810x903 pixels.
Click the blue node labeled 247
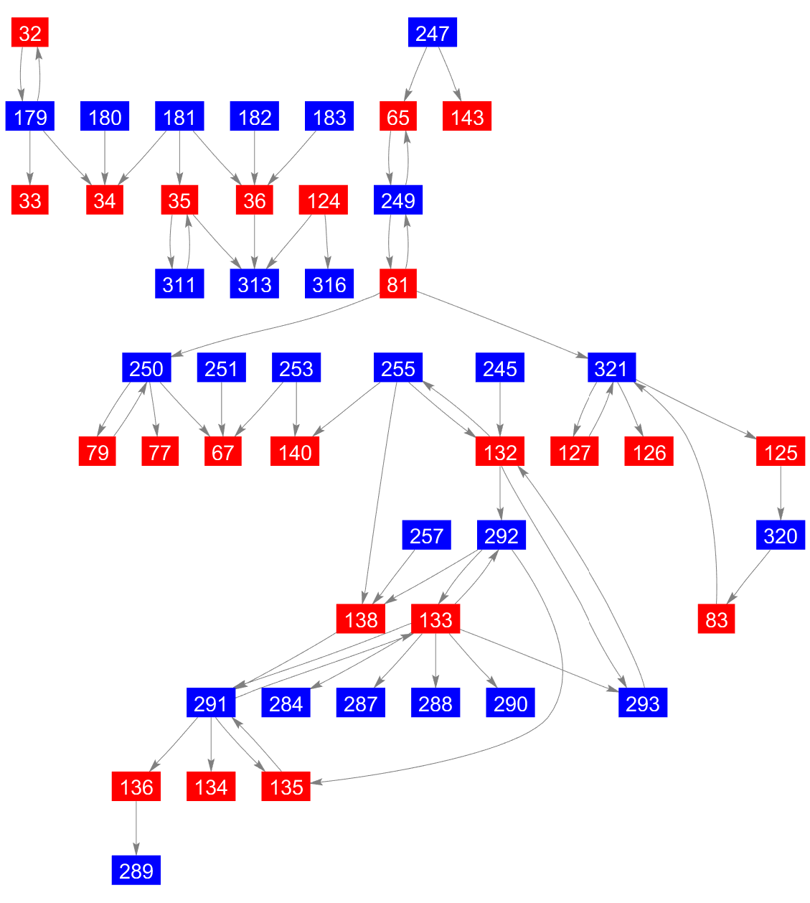[433, 33]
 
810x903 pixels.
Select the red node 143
[467, 117]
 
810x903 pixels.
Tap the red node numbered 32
[30, 33]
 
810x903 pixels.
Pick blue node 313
[255, 284]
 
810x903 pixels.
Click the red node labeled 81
[398, 284]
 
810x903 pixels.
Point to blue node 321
[611, 368]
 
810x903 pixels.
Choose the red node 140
[296, 452]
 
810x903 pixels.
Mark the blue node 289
[136, 871]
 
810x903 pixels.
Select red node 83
[716, 619]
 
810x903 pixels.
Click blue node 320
[781, 536]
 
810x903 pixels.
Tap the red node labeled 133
[435, 619]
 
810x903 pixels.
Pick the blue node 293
[643, 703]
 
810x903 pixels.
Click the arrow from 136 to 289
[136, 828]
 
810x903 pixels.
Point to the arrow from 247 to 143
[450, 75]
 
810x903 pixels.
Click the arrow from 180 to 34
[105, 159]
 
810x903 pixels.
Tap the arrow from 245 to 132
[500, 410]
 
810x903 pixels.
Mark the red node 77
[160, 452]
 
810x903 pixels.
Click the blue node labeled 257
[427, 536]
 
